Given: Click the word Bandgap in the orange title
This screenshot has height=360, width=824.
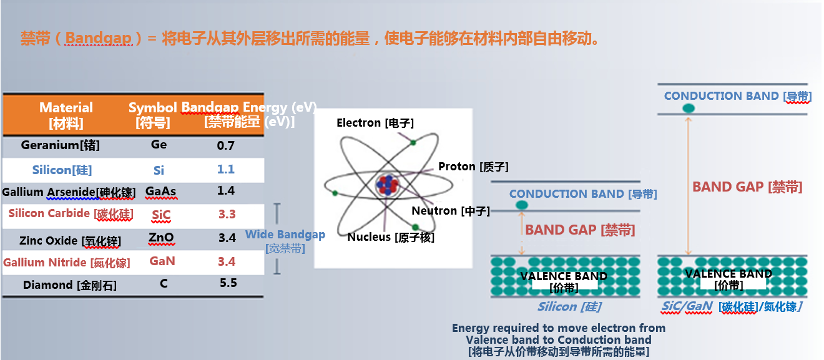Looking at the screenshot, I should tap(99, 39).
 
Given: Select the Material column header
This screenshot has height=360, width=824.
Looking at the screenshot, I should tap(66, 115).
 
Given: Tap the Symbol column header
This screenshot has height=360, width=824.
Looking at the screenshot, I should tap(152, 115).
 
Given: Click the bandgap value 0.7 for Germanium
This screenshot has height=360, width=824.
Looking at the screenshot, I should tap(225, 145).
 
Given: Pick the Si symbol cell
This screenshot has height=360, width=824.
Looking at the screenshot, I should tap(159, 170).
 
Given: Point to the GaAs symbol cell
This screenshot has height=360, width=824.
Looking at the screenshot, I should tap(160, 192).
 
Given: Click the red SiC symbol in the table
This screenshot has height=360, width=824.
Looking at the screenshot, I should tap(160, 215).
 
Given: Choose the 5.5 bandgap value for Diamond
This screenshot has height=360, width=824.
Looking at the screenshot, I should tap(228, 283).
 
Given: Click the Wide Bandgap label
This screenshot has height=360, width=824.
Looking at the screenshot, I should tap(285, 235).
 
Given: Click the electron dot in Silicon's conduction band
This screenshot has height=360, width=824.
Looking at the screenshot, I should tap(521, 205).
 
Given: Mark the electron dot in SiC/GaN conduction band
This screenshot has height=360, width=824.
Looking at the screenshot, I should tap(688, 108).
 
